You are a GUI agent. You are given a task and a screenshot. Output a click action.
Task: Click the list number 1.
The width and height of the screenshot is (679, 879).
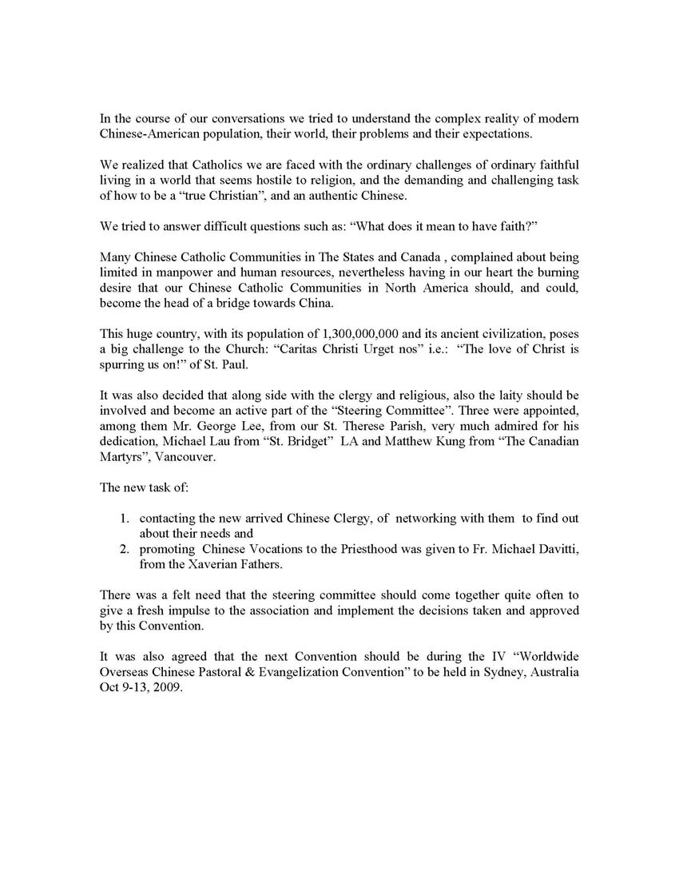click(125, 519)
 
